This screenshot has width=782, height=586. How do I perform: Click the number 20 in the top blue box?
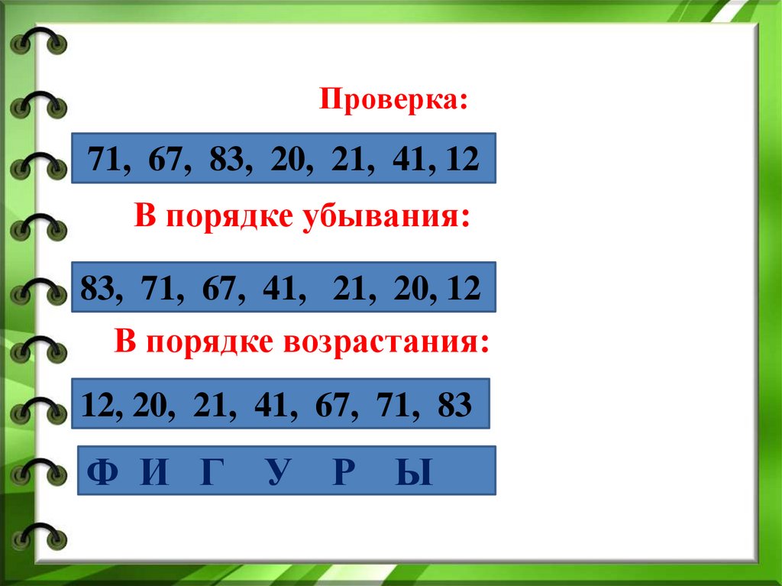coord(286,160)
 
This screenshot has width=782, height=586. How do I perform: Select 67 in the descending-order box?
coord(220,288)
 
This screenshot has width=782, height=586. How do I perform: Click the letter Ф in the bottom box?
coord(102,474)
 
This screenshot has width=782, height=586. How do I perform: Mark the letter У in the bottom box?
coord(279,474)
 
